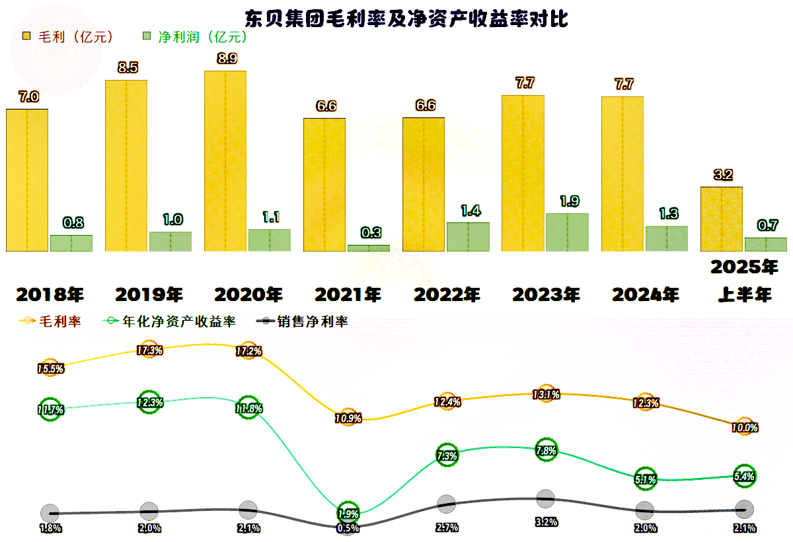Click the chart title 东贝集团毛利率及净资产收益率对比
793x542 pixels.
(406, 17)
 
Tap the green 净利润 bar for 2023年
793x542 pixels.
(567, 232)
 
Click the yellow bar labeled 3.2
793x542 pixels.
(721, 219)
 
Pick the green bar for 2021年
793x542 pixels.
(369, 248)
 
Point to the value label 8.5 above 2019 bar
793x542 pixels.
(127, 67)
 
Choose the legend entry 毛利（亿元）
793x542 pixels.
(69, 36)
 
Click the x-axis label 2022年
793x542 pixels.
(447, 294)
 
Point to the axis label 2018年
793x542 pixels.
(50, 294)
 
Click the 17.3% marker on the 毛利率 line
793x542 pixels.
(149, 351)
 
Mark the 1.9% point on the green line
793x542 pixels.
(348, 513)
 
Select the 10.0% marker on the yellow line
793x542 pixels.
(745, 427)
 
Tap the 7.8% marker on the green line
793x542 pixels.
(546, 451)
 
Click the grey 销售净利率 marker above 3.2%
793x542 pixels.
(545, 499)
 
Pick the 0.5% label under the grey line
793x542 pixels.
(348, 528)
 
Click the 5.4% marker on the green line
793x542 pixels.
(745, 476)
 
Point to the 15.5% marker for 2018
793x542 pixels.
(50, 369)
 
